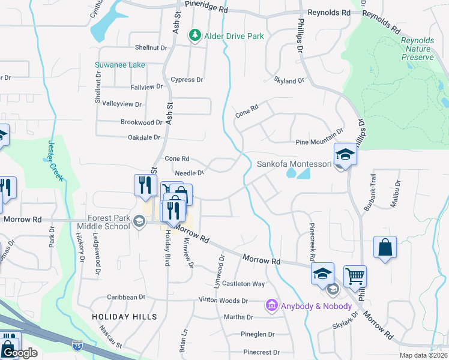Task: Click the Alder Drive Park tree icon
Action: click(x=194, y=36)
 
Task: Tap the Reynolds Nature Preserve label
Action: click(x=417, y=49)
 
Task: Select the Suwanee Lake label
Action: click(x=119, y=65)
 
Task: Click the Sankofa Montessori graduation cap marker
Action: click(x=345, y=155)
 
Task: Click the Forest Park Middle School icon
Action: click(x=139, y=222)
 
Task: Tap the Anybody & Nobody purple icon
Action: click(x=271, y=306)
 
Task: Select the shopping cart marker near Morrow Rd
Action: click(x=355, y=276)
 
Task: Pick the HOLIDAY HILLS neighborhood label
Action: click(x=124, y=316)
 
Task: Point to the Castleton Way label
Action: click(x=243, y=284)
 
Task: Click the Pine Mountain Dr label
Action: click(x=319, y=142)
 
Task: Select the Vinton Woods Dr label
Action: click(x=223, y=300)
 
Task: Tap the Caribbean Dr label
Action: click(x=126, y=297)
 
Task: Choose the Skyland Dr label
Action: click(x=289, y=80)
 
